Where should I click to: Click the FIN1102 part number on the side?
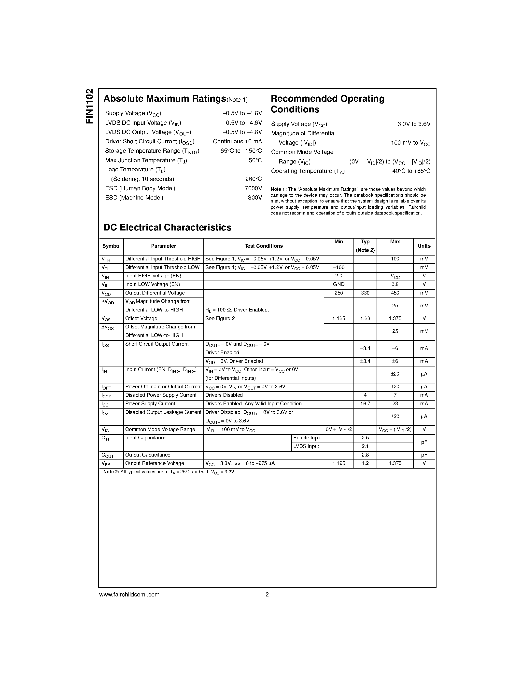(x=89, y=106)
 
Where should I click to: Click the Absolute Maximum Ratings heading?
(x=165, y=99)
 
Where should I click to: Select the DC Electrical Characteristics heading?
(x=167, y=228)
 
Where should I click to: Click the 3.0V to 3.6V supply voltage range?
(x=414, y=124)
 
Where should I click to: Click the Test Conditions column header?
(x=264, y=246)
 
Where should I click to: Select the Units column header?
(x=424, y=246)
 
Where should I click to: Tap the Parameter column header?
(x=163, y=246)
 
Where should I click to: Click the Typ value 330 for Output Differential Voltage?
(x=365, y=293)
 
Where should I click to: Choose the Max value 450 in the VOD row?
(x=395, y=293)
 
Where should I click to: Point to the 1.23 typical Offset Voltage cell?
(x=365, y=319)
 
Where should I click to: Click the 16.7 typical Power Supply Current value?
(x=365, y=404)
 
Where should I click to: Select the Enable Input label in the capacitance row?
(x=307, y=438)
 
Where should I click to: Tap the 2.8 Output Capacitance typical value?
(x=365, y=455)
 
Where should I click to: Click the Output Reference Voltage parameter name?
(x=154, y=463)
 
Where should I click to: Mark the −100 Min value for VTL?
(x=339, y=268)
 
